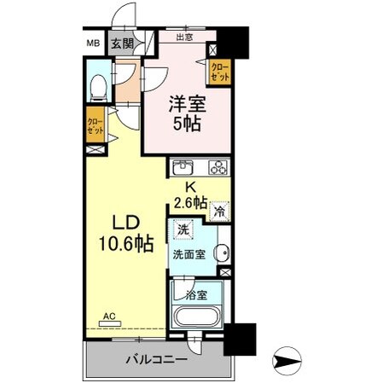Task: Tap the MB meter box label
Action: [x=92, y=44]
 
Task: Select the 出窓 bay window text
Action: [x=184, y=38]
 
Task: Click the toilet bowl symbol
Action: [x=97, y=86]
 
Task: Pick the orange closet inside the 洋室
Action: [x=219, y=70]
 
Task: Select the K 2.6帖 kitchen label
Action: [x=189, y=195]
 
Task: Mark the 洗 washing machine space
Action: [x=183, y=229]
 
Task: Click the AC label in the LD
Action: [x=109, y=316]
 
